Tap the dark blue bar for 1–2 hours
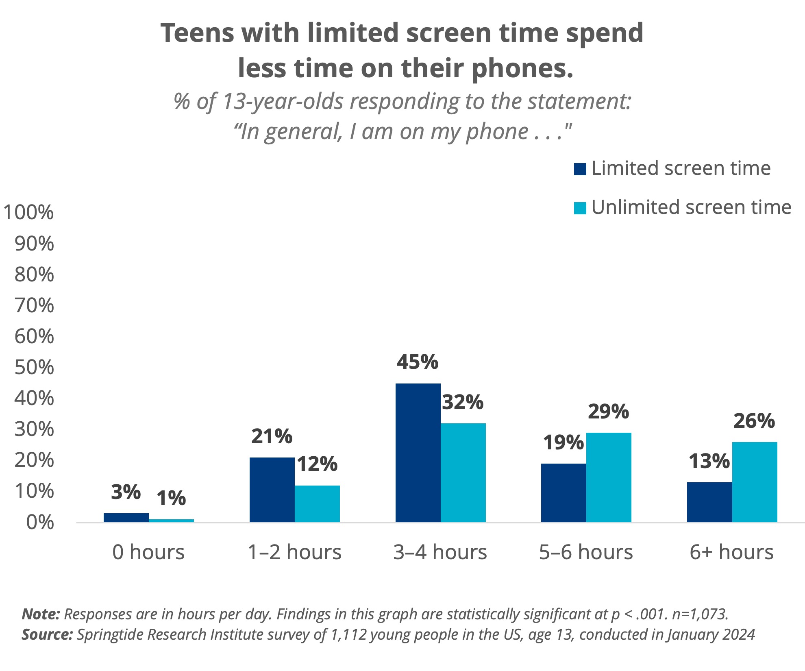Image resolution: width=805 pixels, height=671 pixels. (x=272, y=490)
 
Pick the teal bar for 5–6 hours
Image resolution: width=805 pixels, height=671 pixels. (x=608, y=477)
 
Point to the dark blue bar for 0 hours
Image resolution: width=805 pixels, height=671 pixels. (x=126, y=518)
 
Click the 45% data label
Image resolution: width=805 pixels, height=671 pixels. (x=418, y=362)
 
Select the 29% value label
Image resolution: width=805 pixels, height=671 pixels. (x=608, y=412)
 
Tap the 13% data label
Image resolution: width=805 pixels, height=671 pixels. (x=709, y=461)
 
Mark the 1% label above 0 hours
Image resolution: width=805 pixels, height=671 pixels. (x=171, y=498)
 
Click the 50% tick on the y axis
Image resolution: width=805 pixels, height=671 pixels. (x=34, y=368)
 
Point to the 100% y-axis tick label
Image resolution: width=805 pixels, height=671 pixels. (x=28, y=213)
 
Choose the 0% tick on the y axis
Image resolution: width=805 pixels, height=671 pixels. (x=40, y=523)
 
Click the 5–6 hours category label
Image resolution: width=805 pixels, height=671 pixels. (x=586, y=552)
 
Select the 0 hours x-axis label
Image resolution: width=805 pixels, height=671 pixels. (x=148, y=552)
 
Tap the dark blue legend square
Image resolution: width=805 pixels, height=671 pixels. (x=580, y=169)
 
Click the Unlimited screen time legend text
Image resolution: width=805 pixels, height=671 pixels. (x=691, y=207)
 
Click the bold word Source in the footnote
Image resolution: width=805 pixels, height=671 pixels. (x=47, y=634)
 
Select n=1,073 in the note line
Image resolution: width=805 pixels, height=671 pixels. (x=700, y=614)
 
